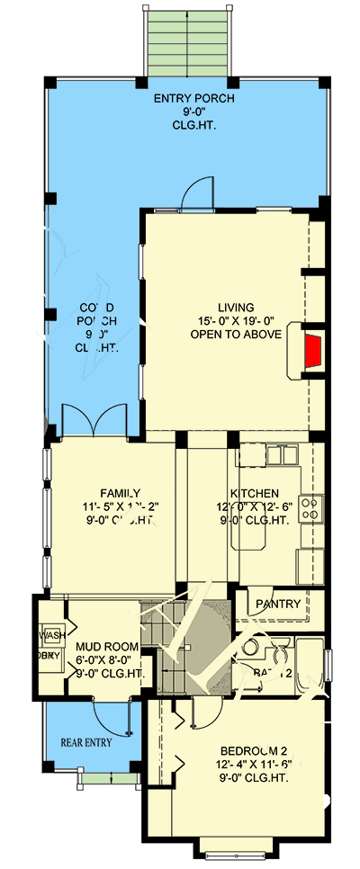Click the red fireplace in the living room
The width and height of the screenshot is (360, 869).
pyautogui.click(x=312, y=350)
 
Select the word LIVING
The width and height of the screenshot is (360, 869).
pyautogui.click(x=236, y=306)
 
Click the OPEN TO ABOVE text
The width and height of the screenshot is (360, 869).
pyautogui.click(x=236, y=334)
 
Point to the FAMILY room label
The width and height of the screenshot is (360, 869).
pyautogui.click(x=120, y=492)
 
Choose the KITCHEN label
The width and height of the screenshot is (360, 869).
pyautogui.click(x=254, y=493)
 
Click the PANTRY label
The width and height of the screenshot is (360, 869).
pyautogui.click(x=278, y=604)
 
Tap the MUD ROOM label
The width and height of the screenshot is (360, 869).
pyautogui.click(x=106, y=647)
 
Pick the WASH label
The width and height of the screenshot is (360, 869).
pyautogui.click(x=49, y=635)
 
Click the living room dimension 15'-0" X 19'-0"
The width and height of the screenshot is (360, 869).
pyautogui.click(x=236, y=320)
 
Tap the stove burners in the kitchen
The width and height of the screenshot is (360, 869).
pyautogui.click(x=310, y=508)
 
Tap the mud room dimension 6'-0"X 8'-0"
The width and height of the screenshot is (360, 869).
pyautogui.click(x=106, y=659)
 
